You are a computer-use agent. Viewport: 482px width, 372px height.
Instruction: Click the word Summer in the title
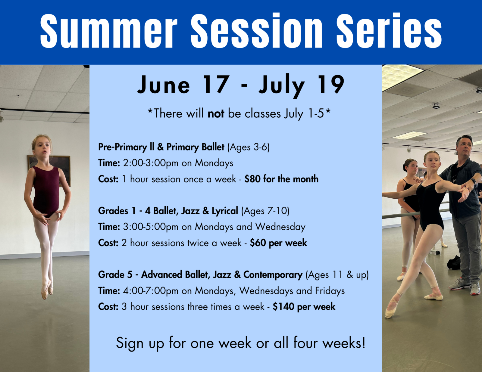(x=108, y=31)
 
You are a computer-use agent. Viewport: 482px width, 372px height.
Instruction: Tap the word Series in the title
(x=389, y=31)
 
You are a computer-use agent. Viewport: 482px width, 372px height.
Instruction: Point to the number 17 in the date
(x=216, y=85)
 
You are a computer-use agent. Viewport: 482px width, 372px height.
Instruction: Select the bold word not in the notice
(x=216, y=114)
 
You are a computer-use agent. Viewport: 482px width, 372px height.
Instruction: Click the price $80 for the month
(x=281, y=179)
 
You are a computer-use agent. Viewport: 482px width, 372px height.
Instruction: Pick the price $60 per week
(x=278, y=243)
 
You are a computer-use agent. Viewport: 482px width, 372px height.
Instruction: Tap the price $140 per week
(x=304, y=307)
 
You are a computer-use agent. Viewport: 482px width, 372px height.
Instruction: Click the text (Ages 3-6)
(x=248, y=147)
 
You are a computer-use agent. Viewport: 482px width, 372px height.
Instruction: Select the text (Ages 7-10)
(x=265, y=211)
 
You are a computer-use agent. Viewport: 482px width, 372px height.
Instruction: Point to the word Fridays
(x=330, y=291)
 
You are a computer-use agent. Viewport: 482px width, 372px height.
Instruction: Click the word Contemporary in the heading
(x=273, y=275)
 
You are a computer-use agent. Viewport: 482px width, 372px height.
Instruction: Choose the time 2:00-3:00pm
(x=151, y=163)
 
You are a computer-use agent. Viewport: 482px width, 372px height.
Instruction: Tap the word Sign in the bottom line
(x=130, y=343)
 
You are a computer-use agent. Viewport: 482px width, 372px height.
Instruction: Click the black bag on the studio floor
(x=454, y=263)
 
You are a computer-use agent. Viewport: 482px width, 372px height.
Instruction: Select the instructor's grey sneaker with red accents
(x=459, y=284)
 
